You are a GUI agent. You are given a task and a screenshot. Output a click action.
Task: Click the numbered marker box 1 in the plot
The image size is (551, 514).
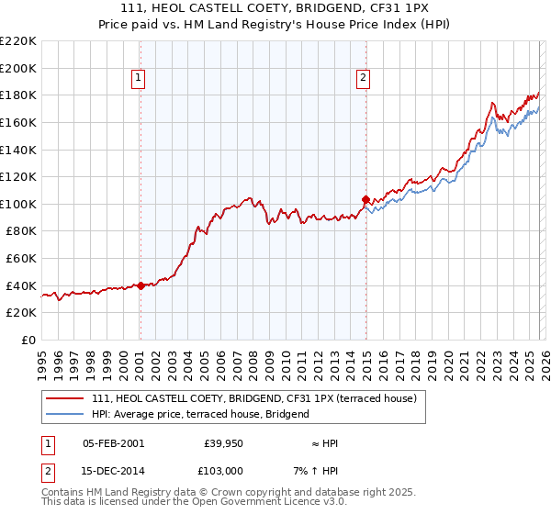tap(138, 79)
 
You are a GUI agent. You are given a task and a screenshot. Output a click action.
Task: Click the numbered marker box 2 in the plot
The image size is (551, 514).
tap(364, 79)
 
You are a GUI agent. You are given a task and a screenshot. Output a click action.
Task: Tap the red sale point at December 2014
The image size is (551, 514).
tap(365, 199)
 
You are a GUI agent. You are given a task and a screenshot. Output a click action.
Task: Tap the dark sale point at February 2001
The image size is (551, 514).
tap(141, 285)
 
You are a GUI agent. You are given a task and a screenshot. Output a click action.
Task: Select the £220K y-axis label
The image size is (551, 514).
tap(18, 41)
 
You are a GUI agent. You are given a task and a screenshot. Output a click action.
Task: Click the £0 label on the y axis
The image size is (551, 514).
tap(28, 341)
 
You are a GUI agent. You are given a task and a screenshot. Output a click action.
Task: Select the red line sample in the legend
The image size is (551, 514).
tap(66, 399)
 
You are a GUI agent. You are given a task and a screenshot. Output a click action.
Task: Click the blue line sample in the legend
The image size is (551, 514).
tap(66, 414)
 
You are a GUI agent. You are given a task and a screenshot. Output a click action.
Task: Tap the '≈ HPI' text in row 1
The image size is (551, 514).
tap(325, 443)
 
